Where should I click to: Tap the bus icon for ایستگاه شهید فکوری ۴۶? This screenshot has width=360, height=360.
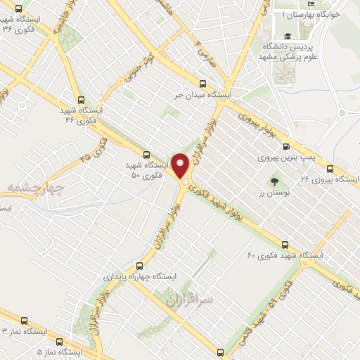[82, 100]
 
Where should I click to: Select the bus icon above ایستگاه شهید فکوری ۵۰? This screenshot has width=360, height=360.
[146, 155]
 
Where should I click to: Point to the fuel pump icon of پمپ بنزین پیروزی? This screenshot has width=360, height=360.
[285, 147]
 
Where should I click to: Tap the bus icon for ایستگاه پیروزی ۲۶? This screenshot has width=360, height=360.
[330, 169]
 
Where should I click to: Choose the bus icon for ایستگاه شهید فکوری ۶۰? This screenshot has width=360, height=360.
[284, 245]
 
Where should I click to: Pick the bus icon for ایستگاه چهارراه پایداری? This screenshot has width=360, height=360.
[139, 266]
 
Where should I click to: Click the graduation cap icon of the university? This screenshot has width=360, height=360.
[287, 37]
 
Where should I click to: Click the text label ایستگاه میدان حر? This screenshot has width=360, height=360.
[208, 93]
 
